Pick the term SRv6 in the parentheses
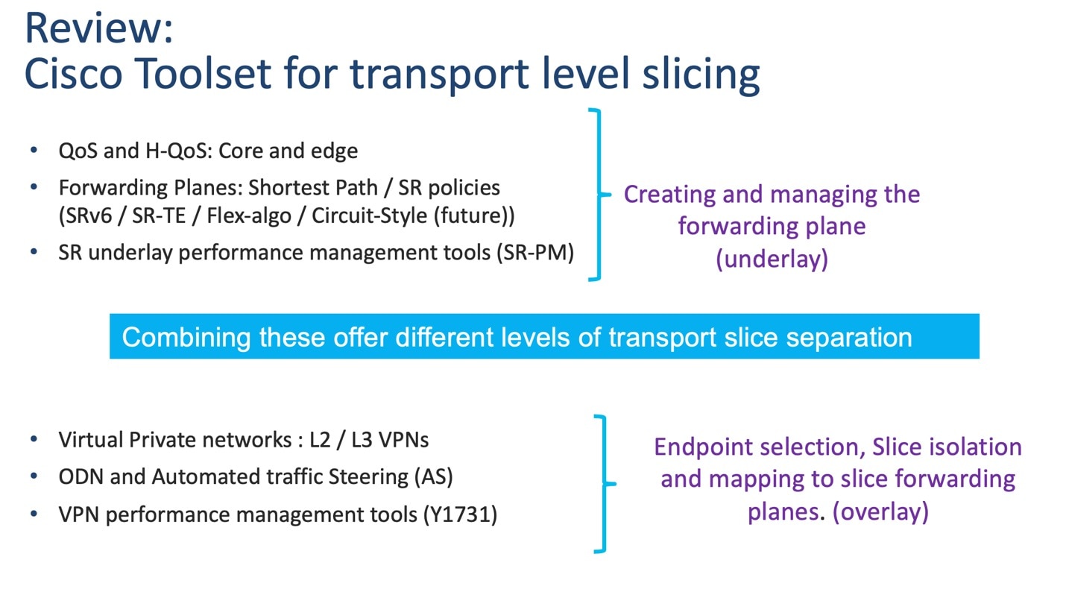pos(92,215)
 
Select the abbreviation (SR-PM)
pos(534,253)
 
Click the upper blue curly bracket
pos(596,195)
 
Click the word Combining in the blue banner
pos(186,337)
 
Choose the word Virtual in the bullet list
pos(91,439)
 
